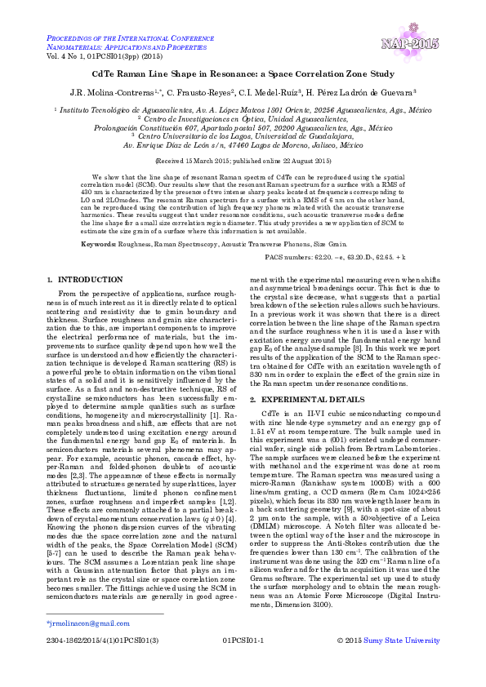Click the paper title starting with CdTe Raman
pyautogui.click(x=243, y=74)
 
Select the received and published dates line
pyautogui.click(x=243, y=162)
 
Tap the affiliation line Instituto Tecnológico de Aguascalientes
pyautogui.click(x=243, y=109)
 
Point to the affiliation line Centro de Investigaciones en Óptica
pyautogui.click(x=243, y=118)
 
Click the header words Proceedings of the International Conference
pyautogui.click(x=128, y=38)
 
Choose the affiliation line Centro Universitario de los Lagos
pyautogui.click(x=243, y=136)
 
